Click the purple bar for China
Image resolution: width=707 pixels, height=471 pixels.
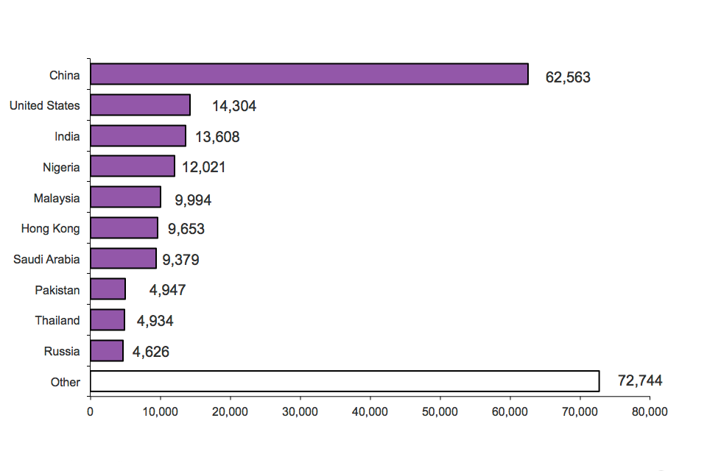point(309,74)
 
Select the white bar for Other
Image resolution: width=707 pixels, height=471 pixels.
point(345,381)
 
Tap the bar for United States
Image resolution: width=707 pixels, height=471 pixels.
point(140,105)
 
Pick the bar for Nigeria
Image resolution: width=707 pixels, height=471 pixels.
point(133,166)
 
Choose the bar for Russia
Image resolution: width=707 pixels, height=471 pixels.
point(107,351)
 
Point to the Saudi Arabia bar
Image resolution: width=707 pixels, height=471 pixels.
point(123,258)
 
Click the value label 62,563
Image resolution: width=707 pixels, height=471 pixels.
point(568,77)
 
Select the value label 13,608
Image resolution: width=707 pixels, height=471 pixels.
point(217,137)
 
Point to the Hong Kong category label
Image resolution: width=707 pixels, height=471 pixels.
point(50,228)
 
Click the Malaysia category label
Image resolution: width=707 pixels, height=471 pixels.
point(57,198)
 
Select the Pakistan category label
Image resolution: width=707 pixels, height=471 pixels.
point(57,290)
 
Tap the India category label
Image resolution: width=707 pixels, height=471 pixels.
point(67,136)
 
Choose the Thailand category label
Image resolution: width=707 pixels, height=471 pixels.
point(57,320)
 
